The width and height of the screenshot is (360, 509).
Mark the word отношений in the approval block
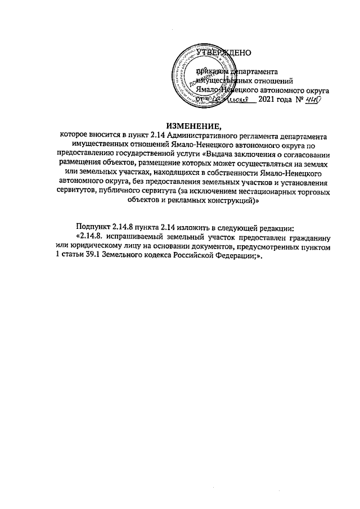[x=275, y=80]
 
